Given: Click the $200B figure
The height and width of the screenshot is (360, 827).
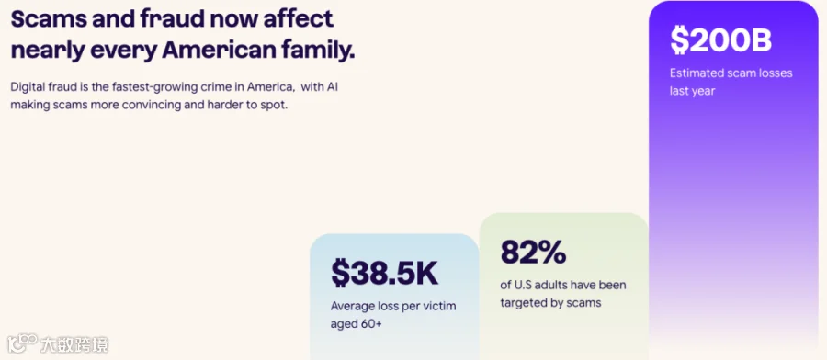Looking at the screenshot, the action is [x=721, y=40].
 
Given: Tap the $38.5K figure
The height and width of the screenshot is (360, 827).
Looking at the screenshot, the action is [x=384, y=272].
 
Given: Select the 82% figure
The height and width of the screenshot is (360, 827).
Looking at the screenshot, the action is [x=533, y=252].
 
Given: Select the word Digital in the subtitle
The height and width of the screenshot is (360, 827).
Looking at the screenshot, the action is [x=27, y=87].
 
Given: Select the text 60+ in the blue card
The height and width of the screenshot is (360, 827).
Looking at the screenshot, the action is [x=371, y=323].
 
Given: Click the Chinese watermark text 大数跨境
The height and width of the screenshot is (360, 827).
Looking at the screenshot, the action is [x=74, y=344].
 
